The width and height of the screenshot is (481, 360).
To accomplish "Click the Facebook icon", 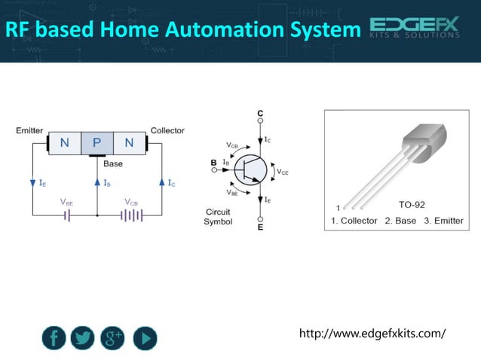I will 54,337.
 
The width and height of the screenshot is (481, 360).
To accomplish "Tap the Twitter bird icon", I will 83,337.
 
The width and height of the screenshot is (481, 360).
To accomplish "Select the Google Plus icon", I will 113,337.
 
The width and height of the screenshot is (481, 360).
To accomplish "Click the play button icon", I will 145,337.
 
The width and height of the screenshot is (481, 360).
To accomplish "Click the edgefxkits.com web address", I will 372,333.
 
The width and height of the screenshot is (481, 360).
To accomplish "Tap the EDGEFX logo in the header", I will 415,29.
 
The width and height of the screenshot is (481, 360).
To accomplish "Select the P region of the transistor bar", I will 97,143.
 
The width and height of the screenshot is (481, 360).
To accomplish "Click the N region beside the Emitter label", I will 65,143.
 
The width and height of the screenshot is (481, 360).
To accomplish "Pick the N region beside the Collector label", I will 130,143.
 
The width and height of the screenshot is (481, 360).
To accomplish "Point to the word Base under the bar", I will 113,163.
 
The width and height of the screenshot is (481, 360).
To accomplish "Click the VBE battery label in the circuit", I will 67,202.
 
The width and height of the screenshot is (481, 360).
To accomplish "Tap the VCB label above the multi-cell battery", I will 131,202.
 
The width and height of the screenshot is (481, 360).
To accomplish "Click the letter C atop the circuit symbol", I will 260,114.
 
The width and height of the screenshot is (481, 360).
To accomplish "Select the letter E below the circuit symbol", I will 261,226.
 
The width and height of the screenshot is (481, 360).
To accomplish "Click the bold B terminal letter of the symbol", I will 214,163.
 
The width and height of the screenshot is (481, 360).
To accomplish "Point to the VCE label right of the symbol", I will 282,172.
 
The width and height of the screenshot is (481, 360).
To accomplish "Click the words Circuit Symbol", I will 218,217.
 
